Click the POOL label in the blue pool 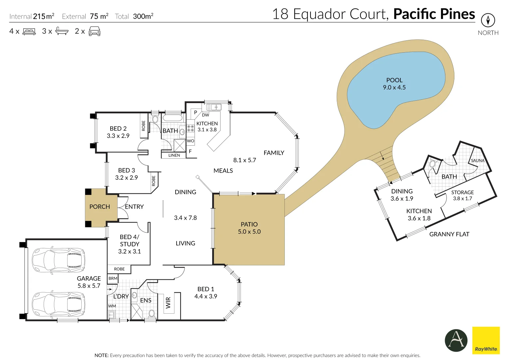[394, 80]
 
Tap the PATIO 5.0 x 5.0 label [249, 228]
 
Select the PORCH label [99, 207]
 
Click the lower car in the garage [58, 304]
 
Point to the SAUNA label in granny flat [477, 161]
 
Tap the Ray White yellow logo [486, 340]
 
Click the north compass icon [488, 20]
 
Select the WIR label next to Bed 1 [168, 303]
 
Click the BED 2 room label [118, 129]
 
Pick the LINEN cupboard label [174, 155]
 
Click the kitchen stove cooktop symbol [191, 128]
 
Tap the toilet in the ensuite [152, 314]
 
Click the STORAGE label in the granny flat [462, 193]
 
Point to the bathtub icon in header [62, 31]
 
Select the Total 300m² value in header [143, 16]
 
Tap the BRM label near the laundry [113, 278]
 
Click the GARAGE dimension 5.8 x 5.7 [89, 286]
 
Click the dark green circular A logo [456, 340]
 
